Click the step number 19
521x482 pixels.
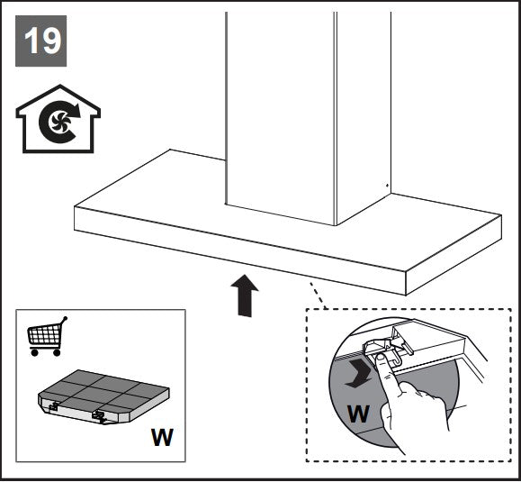[42, 41]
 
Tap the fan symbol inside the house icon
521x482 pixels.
[59, 123]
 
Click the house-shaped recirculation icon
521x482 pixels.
[58, 119]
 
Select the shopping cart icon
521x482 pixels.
[47, 336]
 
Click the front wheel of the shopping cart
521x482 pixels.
[57, 352]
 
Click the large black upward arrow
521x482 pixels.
[245, 296]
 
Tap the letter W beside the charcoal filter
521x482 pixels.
[162, 437]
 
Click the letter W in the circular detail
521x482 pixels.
[358, 414]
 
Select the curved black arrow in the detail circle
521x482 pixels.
[357, 374]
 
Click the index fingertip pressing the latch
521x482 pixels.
[381, 359]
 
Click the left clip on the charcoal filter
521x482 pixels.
[54, 405]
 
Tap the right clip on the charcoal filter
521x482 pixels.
[99, 416]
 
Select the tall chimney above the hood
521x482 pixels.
[308, 118]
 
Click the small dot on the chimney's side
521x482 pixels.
[387, 185]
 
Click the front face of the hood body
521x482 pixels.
[240, 250]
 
